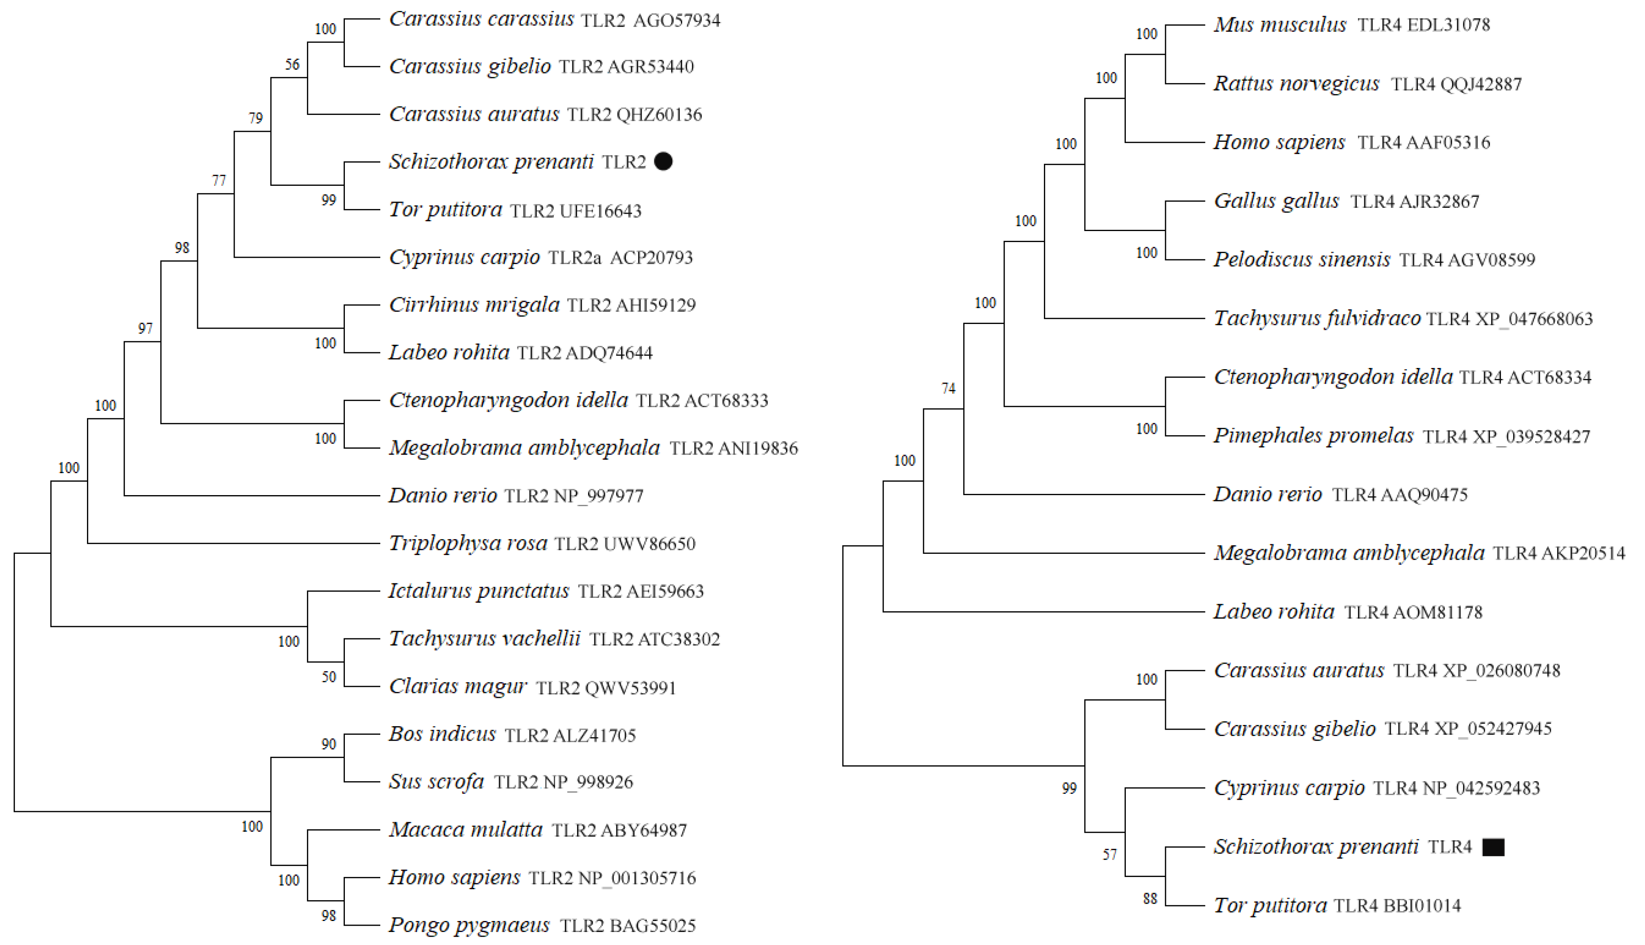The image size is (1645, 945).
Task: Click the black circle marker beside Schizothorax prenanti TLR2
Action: [x=663, y=162]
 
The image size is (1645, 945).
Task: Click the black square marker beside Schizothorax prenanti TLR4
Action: [x=1493, y=847]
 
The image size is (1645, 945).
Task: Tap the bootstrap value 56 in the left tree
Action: [x=292, y=64]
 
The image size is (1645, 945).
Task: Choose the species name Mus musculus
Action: [x=1280, y=25]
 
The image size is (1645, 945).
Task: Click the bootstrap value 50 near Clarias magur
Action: [x=329, y=677]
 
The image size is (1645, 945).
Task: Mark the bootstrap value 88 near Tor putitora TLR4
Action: [x=1149, y=899]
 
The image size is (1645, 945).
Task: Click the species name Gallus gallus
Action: [x=1276, y=201]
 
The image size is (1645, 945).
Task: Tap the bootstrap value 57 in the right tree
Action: [x=1110, y=855]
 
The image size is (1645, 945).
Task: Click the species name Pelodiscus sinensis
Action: [x=1302, y=260]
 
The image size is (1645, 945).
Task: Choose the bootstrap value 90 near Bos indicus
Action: [x=329, y=744]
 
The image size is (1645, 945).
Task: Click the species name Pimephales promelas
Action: [x=1314, y=436]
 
